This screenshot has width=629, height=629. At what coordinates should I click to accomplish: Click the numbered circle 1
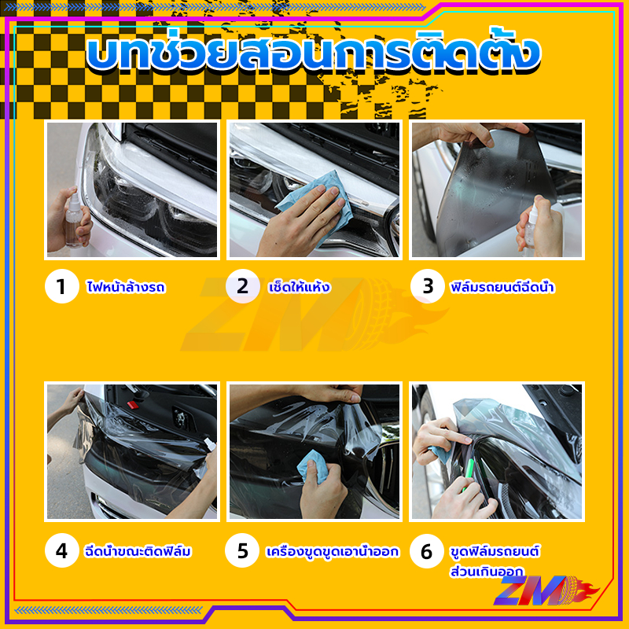point(62,286)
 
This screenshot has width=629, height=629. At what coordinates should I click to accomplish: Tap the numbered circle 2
point(243,286)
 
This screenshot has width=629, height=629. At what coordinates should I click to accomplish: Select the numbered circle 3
point(428,286)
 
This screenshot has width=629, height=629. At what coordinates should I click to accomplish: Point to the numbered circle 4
point(62,550)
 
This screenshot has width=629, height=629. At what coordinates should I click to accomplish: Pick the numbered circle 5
point(242,550)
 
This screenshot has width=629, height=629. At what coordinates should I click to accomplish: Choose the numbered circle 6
point(427,551)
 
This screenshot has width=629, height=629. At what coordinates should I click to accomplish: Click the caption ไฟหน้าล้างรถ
point(126,287)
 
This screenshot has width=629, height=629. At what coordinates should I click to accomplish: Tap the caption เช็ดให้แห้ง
point(300,287)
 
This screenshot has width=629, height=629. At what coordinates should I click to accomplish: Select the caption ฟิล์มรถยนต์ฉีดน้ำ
point(502,287)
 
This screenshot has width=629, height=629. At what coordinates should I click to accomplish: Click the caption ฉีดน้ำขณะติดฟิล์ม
point(138,551)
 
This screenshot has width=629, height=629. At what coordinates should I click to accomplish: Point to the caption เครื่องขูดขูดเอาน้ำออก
point(333,552)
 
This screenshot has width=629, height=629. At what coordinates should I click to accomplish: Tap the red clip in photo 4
point(131,404)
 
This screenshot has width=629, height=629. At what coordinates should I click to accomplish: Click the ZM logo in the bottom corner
point(546,590)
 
